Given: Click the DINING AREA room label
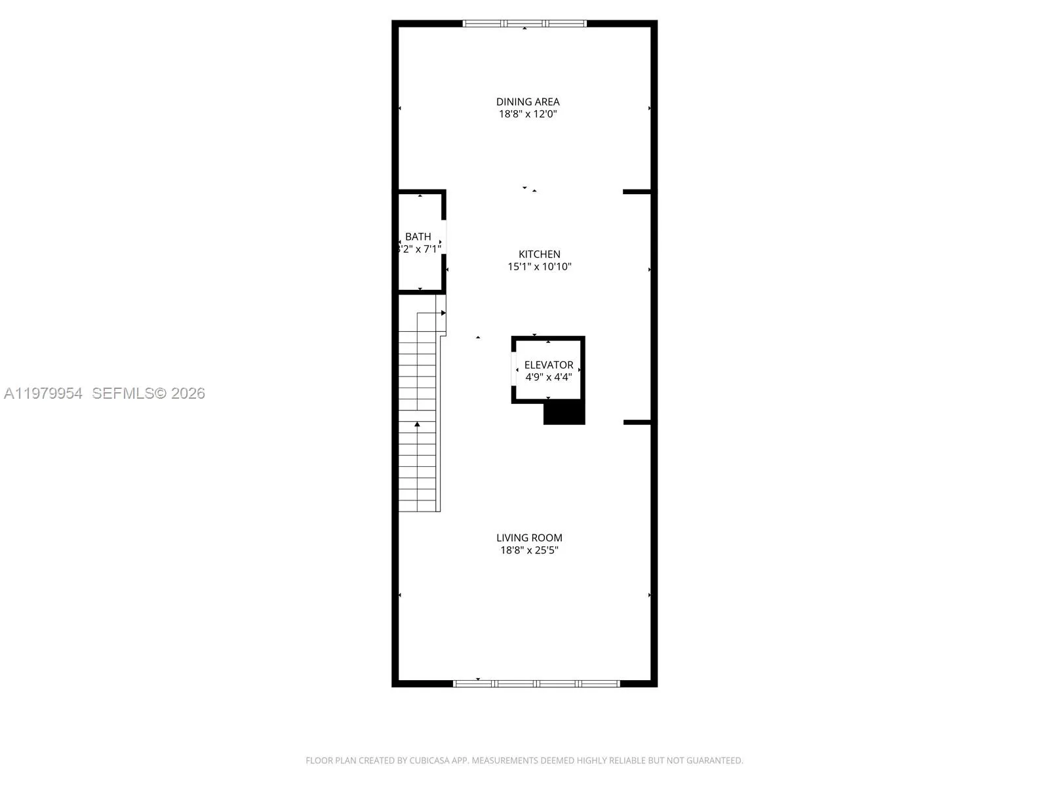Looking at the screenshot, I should tap(528, 102).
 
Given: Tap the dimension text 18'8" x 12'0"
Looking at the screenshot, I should tap(528, 114).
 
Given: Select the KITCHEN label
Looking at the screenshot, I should tap(540, 254).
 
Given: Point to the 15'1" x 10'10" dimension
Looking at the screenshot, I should tap(540, 267).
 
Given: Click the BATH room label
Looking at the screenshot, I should tap(418, 237).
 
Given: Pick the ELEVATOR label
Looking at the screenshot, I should tap(549, 365).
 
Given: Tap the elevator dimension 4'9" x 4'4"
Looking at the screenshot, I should tap(549, 377).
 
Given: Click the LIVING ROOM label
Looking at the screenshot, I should tap(529, 538).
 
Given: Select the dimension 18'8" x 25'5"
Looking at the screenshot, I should tap(529, 550).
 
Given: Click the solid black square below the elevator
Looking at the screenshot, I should tap(564, 413).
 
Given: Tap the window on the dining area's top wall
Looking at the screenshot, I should tap(524, 24).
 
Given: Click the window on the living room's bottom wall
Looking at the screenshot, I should tap(536, 683).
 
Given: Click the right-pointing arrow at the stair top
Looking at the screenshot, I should tap(443, 313).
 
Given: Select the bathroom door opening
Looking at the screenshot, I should tap(444, 237).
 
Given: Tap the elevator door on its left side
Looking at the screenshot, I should tap(513, 369).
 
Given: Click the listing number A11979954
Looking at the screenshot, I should tap(43, 393).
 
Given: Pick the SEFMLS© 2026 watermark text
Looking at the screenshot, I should tap(148, 393).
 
